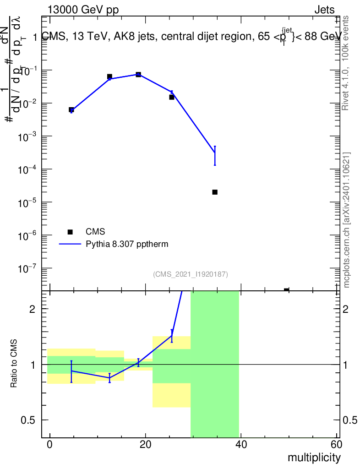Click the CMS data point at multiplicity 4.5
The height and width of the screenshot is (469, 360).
(x=71, y=110)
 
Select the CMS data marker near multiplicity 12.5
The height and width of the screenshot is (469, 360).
(x=109, y=76)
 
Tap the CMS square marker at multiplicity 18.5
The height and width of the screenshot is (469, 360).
(x=138, y=74)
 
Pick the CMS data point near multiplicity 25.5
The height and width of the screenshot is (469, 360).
(x=172, y=97)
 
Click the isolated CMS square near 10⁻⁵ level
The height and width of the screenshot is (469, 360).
(x=215, y=192)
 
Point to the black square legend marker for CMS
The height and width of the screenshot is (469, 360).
(x=70, y=232)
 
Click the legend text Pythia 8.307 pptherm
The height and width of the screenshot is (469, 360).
(x=127, y=244)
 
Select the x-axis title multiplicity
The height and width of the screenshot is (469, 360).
(x=314, y=458)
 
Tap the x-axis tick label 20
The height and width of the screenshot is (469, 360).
(x=145, y=444)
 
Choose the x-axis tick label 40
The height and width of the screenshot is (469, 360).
(x=241, y=444)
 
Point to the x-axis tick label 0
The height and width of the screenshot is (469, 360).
(x=49, y=444)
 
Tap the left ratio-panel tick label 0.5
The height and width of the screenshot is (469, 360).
(x=28, y=420)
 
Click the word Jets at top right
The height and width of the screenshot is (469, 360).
(x=324, y=10)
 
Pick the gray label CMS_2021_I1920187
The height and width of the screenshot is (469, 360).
(x=190, y=274)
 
